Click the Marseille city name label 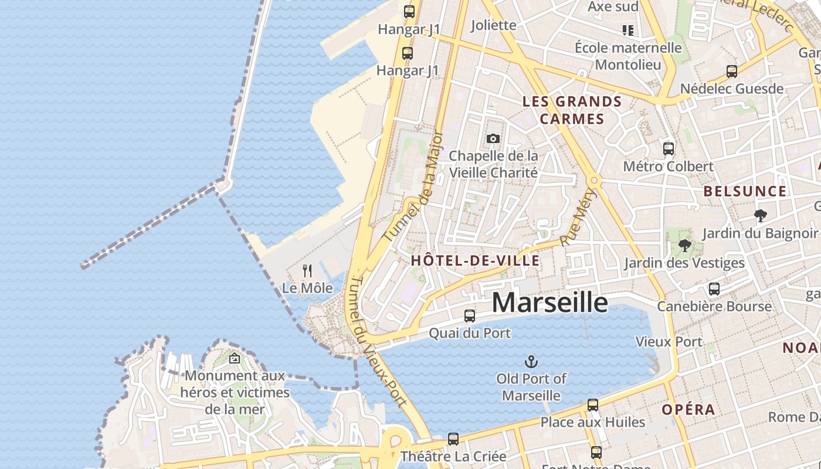click(549, 302)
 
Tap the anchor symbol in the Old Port click(531, 361)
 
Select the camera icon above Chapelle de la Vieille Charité click(493, 139)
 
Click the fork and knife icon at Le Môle click(307, 270)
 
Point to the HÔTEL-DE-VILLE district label click(475, 261)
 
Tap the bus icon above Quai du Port click(470, 316)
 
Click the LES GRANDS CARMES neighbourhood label click(572, 110)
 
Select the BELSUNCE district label click(745, 191)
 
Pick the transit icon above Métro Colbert click(669, 149)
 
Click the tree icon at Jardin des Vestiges click(684, 246)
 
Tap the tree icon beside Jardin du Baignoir click(761, 216)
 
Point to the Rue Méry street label click(578, 216)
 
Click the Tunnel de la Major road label click(413, 186)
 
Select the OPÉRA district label click(688, 410)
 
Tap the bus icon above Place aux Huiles click(593, 405)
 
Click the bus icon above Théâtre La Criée click(453, 439)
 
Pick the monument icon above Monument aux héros click(235, 358)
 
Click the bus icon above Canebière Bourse click(714, 289)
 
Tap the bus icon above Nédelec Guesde click(732, 72)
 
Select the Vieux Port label click(669, 341)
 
